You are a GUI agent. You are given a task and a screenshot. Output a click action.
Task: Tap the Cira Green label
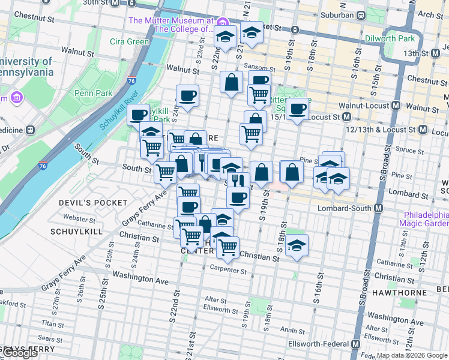129,41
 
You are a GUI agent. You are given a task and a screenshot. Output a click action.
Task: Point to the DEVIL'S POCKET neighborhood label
93,203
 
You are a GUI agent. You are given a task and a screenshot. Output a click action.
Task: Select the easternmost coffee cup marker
297,109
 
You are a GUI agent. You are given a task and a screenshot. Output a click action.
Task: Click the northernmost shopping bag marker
231,82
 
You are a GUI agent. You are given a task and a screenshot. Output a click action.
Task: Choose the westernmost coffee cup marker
139,113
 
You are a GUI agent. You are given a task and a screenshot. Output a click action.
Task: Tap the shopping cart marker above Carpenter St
228,246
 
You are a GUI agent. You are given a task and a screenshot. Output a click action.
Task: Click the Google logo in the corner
20,353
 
